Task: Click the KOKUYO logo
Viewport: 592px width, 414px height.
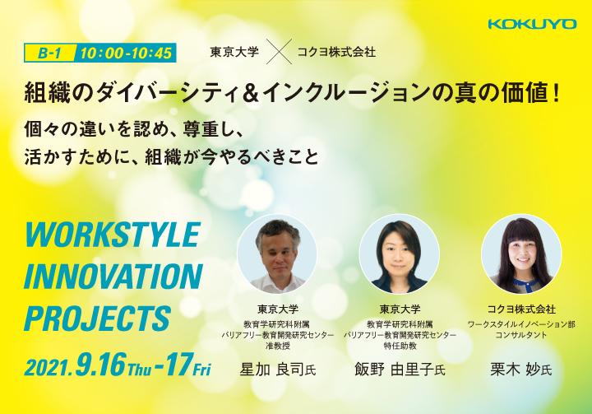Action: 532,24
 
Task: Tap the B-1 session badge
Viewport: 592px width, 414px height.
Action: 50,53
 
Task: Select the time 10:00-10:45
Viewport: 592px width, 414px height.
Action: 126,53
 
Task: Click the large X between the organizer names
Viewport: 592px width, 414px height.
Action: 279,51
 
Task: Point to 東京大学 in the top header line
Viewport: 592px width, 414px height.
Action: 234,52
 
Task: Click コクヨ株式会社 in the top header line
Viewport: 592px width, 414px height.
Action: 337,52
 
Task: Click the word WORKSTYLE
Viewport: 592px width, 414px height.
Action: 112,235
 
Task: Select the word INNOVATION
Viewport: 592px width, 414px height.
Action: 113,276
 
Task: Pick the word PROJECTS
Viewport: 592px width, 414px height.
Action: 98,319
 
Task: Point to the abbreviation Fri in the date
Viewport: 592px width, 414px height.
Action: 201,370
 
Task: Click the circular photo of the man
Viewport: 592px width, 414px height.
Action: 277,254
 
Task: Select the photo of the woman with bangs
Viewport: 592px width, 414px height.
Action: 521,254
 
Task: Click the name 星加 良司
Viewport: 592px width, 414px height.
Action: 272,370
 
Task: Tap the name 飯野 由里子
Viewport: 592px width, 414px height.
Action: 394,370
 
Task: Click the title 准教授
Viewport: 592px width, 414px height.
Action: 278,346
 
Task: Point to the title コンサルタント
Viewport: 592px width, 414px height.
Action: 521,335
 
